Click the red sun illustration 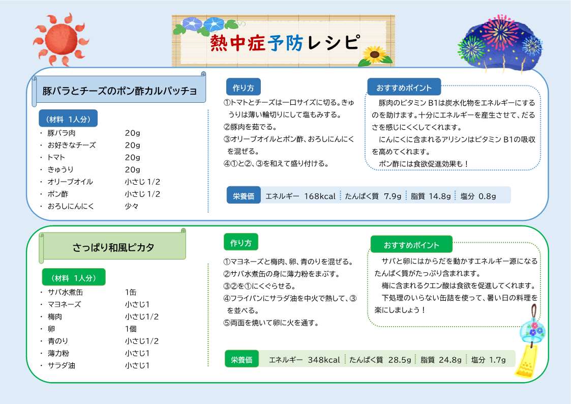point(61,39)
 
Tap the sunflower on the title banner point(375,56)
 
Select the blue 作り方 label point(243,88)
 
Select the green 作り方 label point(241,242)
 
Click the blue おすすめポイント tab point(404,88)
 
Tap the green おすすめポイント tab point(411,245)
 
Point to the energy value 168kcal point(320,196)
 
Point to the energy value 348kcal point(324,360)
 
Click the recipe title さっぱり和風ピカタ point(113,247)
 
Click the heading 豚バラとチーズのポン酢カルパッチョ point(120,91)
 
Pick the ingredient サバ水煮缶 point(66,292)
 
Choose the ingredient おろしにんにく point(71,206)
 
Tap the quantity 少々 point(132,206)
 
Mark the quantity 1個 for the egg point(131,329)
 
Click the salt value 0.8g point(487,196)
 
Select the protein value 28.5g point(400,360)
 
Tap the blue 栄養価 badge point(244,196)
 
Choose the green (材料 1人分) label point(74,278)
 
